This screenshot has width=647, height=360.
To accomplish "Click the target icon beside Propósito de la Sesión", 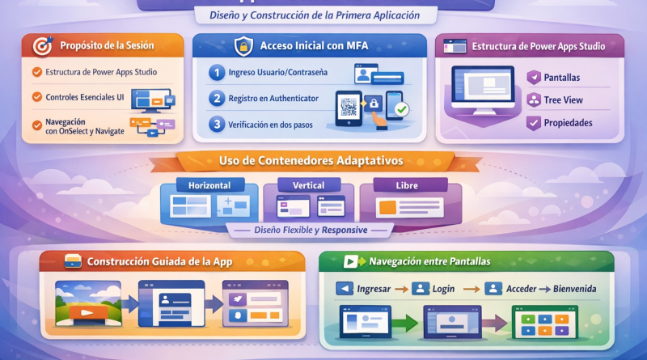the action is (x=44, y=46).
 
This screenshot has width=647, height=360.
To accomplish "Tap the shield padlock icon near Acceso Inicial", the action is (x=243, y=46).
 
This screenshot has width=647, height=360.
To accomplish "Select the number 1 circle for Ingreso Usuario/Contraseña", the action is (x=217, y=73).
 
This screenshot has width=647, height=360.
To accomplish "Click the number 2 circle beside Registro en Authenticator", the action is (x=217, y=98).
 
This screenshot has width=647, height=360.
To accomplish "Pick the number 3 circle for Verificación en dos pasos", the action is (x=217, y=124).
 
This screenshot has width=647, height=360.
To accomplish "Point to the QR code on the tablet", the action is (x=349, y=107).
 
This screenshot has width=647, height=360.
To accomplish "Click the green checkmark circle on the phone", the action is (x=401, y=109).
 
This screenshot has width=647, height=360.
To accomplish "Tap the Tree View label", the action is (x=563, y=100).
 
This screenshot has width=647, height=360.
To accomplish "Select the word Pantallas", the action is (x=561, y=78).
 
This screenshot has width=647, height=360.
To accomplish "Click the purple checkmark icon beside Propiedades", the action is (x=534, y=123).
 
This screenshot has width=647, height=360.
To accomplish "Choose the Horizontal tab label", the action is (x=209, y=185).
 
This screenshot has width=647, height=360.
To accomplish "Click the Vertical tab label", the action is (x=309, y=185).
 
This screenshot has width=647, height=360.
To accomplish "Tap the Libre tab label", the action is (x=407, y=185).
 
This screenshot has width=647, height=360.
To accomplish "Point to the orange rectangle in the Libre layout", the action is (x=387, y=207).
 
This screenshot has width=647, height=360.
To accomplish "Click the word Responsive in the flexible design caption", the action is (x=345, y=230).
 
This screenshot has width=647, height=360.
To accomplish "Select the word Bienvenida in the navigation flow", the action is (x=575, y=289).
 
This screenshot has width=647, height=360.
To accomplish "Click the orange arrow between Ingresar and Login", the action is (x=401, y=290).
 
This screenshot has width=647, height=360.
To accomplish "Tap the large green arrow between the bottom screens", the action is (x=405, y=323).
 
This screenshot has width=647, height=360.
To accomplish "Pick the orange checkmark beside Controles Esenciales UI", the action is (x=37, y=97).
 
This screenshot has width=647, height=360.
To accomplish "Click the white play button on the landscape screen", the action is (x=87, y=312).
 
